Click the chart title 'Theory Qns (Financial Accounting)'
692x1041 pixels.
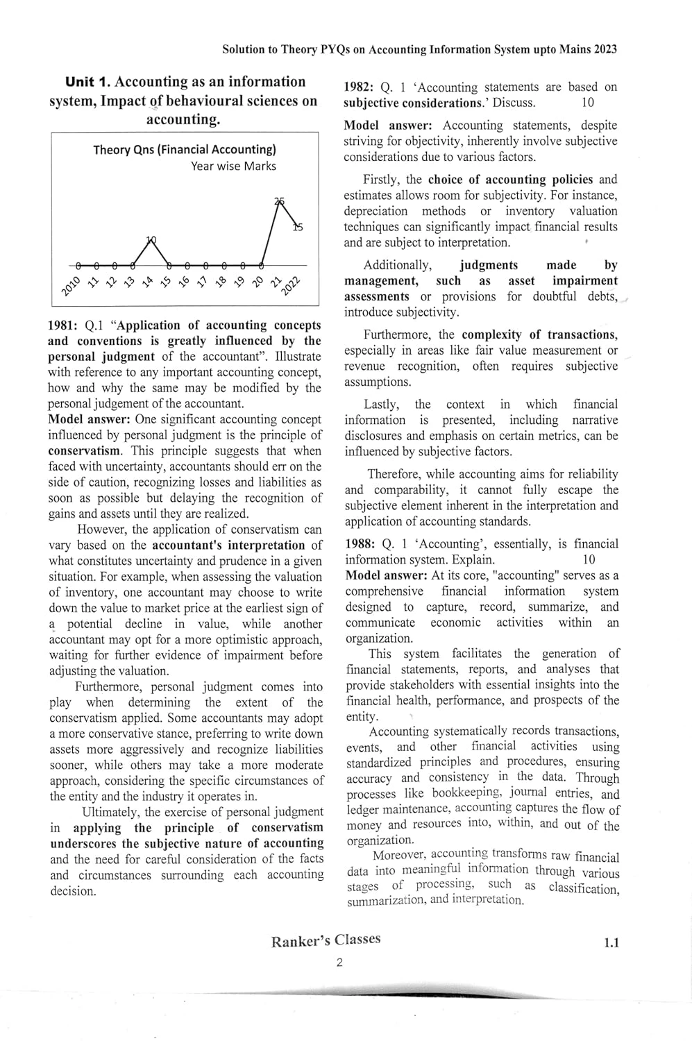click(x=185, y=149)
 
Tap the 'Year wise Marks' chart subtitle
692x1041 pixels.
click(x=233, y=167)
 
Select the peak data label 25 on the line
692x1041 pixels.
click(x=280, y=201)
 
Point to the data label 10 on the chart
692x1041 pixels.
click(x=151, y=240)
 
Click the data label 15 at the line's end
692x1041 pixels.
click(x=297, y=226)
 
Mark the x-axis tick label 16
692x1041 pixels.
click(x=183, y=282)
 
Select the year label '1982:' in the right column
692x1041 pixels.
click(x=360, y=87)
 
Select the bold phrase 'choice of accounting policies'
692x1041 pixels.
click(x=510, y=180)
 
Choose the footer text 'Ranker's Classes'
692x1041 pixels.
click(x=326, y=940)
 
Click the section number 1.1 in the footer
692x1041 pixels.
click(x=611, y=942)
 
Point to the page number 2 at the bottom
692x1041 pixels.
click(x=339, y=963)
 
